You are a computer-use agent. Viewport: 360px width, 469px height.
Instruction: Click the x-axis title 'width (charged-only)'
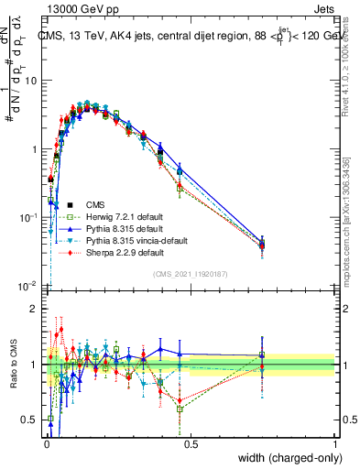click(284, 457)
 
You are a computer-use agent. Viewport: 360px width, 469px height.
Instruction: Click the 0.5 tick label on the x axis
click(191, 442)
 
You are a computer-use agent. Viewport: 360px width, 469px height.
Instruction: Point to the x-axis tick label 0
click(46, 442)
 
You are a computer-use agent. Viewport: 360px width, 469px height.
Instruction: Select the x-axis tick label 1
click(335, 442)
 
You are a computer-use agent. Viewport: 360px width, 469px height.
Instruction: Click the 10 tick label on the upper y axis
click(30, 81)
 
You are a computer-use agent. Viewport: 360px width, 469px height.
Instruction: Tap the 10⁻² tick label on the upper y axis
click(28, 286)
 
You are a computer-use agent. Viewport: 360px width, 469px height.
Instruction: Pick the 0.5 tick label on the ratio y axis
click(30, 420)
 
